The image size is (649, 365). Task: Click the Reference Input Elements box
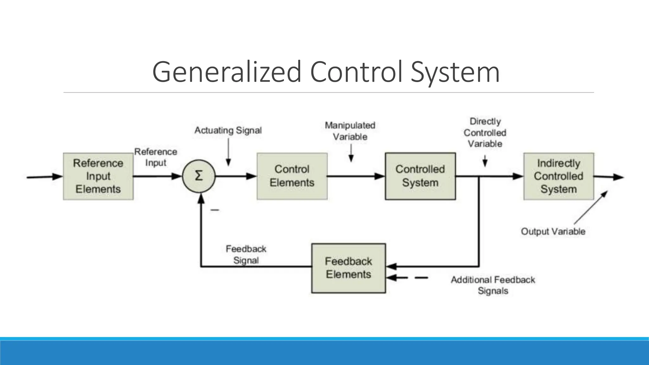point(98,176)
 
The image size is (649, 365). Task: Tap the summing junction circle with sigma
point(199,176)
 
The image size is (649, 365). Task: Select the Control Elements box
point(292,176)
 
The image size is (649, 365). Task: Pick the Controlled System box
point(420,176)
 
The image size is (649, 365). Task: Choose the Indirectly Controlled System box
point(558,176)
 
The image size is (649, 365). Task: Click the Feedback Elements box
point(348,268)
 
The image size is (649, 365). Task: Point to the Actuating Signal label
point(228,130)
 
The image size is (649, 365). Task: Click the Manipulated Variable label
point(350,131)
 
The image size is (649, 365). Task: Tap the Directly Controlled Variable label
point(485,133)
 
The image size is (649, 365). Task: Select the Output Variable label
point(553,231)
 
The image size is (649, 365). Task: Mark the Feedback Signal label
point(246,254)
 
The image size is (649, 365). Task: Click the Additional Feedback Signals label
point(493,285)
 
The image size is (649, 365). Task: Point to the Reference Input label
point(156,157)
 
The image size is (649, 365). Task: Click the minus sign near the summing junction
point(215,210)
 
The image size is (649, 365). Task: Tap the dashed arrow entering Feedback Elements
point(407,278)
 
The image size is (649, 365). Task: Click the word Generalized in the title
point(227,72)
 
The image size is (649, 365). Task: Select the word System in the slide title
point(455,72)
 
